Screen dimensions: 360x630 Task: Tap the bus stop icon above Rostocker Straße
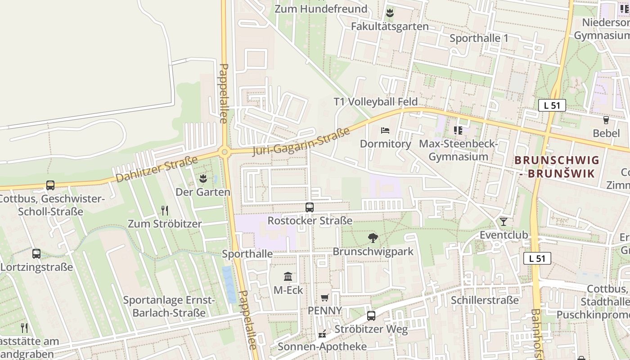tap(310, 207)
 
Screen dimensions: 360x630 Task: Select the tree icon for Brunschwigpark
tap(373, 238)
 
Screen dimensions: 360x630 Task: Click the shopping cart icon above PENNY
tap(324, 298)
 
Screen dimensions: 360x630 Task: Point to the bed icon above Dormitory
tap(385, 130)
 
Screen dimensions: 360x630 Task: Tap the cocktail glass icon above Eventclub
tap(503, 221)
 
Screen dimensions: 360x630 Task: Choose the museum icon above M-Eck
tap(288, 276)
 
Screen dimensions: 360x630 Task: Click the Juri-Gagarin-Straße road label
tap(301, 141)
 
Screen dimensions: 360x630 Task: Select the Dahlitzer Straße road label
tap(157, 169)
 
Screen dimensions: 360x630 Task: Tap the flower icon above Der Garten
tap(203, 178)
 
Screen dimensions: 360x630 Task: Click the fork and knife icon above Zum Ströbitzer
tap(165, 210)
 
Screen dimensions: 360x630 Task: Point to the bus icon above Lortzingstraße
tap(36, 254)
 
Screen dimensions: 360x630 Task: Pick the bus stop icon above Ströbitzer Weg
tap(371, 316)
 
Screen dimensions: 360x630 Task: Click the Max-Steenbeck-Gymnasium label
tap(458, 150)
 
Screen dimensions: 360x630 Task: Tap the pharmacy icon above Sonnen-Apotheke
tap(322, 333)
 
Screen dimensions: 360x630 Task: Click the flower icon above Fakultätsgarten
tap(390, 13)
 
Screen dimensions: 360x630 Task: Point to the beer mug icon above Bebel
tap(606, 120)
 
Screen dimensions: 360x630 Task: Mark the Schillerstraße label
tap(485, 300)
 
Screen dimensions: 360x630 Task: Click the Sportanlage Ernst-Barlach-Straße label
tap(169, 306)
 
